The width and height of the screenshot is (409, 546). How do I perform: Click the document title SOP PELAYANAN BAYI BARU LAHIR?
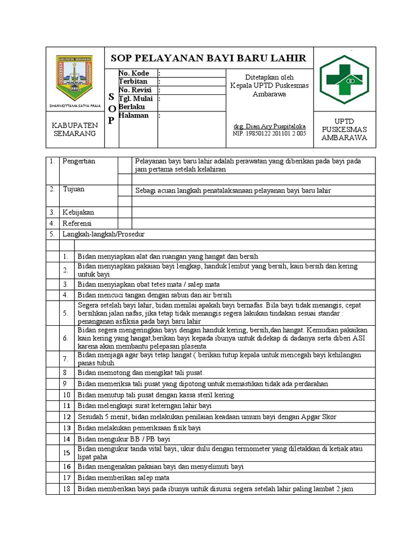[x=208, y=58]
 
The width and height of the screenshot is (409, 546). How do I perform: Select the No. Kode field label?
[x=134, y=73]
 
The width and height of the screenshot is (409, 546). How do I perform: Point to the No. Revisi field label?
[x=135, y=90]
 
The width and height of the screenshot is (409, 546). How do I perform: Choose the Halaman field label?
[x=134, y=115]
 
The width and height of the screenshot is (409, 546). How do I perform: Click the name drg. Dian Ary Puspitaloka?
[x=269, y=126]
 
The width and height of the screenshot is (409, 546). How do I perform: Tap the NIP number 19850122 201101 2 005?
[x=269, y=134]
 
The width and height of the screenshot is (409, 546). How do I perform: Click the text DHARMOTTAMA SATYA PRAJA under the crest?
[x=75, y=106]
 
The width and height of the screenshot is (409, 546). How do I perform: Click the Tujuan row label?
[x=73, y=189]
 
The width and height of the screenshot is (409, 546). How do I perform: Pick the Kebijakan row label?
[x=78, y=212]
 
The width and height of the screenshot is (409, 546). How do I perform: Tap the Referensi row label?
[x=77, y=223]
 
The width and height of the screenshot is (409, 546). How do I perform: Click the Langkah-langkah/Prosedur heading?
[x=103, y=234]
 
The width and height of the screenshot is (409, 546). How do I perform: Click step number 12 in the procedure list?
[x=66, y=416]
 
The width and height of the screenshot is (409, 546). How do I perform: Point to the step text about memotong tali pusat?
[x=141, y=372]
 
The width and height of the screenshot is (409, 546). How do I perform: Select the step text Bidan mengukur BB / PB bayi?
[x=124, y=439]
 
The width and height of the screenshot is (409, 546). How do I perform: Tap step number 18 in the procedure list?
[x=66, y=489]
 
